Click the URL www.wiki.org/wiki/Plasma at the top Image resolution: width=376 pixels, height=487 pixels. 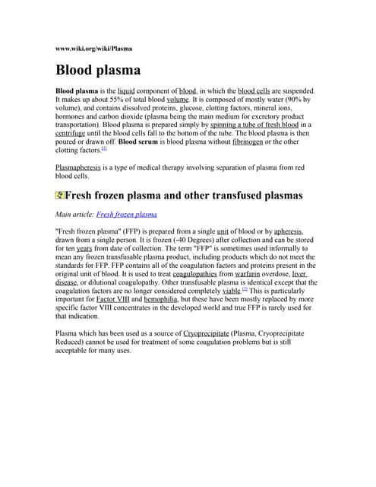pyautogui.click(x=94, y=49)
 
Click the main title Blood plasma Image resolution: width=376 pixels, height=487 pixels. pyautogui.click(x=98, y=71)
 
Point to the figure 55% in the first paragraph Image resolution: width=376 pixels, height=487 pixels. pyautogui.click(x=125, y=99)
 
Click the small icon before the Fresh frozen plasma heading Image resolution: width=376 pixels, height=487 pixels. pyautogui.click(x=60, y=196)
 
